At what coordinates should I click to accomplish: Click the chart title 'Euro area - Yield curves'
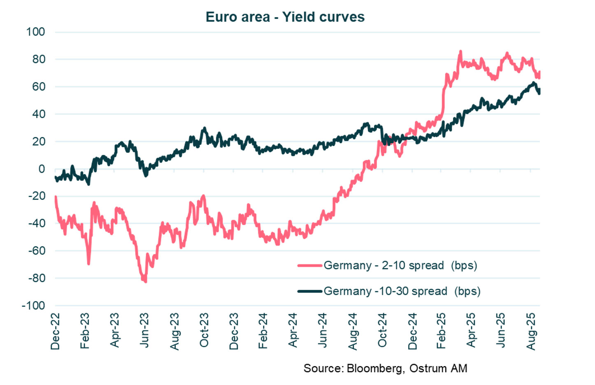click(x=285, y=17)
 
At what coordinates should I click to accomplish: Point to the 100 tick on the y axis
click(x=35, y=32)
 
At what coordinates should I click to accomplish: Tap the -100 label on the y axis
click(x=33, y=306)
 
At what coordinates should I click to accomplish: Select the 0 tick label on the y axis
click(x=42, y=169)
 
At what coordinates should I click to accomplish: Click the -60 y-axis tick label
click(x=37, y=250)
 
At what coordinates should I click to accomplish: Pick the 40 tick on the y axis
click(x=39, y=114)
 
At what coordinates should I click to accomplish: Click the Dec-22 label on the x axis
click(x=55, y=331)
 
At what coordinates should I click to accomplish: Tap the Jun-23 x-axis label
click(x=144, y=330)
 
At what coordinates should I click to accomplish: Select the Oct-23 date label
click(x=204, y=330)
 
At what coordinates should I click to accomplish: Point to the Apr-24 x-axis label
click(x=293, y=330)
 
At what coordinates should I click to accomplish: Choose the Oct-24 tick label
click(x=382, y=330)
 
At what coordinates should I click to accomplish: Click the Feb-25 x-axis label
click(x=441, y=331)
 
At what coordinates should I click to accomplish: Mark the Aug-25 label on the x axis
click(x=531, y=331)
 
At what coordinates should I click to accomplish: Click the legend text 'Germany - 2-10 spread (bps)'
click(x=400, y=265)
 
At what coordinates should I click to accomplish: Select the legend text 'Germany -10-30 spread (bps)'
click(x=402, y=291)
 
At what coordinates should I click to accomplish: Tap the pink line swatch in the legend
click(x=309, y=266)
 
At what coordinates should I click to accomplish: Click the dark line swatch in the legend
click(x=309, y=291)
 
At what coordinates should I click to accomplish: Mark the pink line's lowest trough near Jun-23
click(x=146, y=281)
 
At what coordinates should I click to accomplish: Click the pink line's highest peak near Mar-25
click(x=460, y=51)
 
